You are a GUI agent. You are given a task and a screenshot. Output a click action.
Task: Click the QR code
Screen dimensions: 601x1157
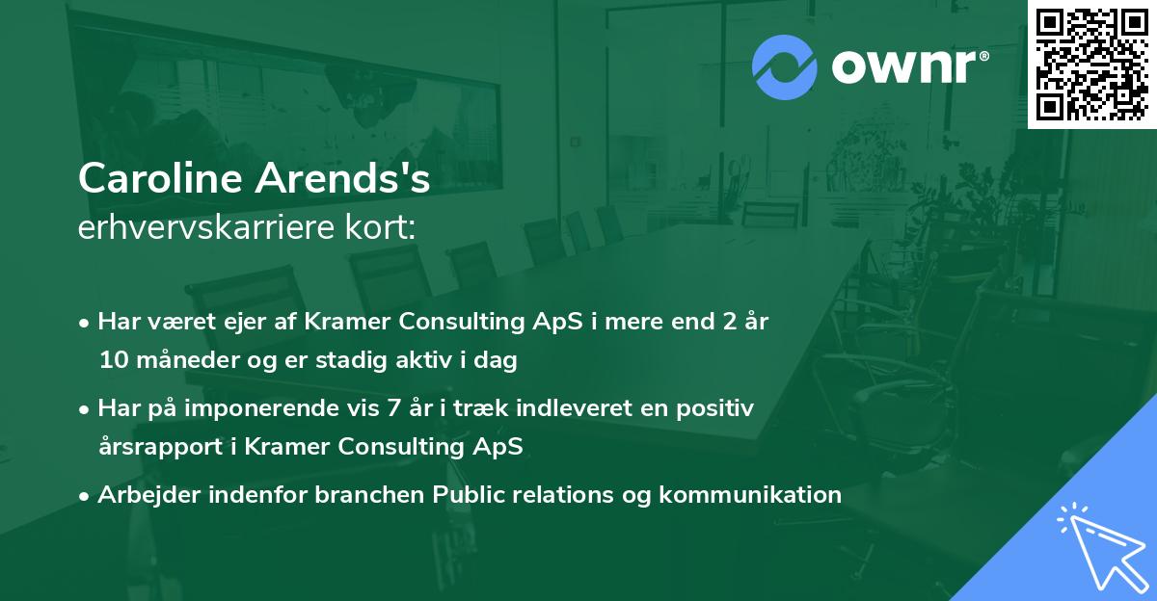click(x=1091, y=64)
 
